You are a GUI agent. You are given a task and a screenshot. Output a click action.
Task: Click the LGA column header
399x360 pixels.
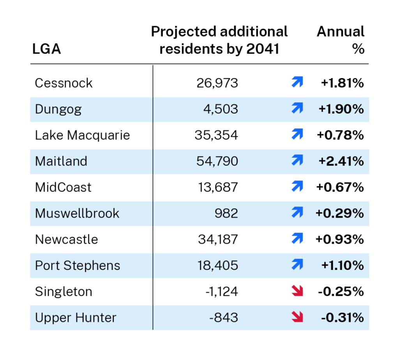pyautogui.click(x=47, y=50)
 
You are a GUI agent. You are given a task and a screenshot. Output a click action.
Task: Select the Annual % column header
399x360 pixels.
pyautogui.click(x=341, y=40)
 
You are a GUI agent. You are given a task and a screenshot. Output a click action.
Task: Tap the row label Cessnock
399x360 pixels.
pyautogui.click(x=64, y=83)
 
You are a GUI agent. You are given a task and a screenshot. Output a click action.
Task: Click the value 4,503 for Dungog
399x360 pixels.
pyautogui.click(x=220, y=109)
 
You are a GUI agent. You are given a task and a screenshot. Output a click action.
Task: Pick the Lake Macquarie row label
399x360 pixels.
pyautogui.click(x=82, y=135)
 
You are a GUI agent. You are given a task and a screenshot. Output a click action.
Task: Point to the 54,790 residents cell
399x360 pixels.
pyautogui.click(x=217, y=161)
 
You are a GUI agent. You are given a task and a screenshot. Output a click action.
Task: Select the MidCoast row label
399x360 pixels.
pyautogui.click(x=63, y=187)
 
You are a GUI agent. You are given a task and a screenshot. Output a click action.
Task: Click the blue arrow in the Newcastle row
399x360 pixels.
pyautogui.click(x=297, y=239)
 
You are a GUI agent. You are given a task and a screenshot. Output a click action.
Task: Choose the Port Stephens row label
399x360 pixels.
pyautogui.click(x=78, y=265)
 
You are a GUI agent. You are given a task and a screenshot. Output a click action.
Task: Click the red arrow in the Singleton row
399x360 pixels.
pyautogui.click(x=297, y=291)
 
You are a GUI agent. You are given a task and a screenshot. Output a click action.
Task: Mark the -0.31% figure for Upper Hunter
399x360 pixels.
pyautogui.click(x=343, y=317)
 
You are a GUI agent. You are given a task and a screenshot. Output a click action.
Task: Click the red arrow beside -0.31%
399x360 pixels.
pyautogui.click(x=297, y=317)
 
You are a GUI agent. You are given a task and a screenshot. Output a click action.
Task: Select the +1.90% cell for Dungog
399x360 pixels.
pyautogui.click(x=341, y=109)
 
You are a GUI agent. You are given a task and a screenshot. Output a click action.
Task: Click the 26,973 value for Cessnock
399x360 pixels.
pyautogui.click(x=217, y=83)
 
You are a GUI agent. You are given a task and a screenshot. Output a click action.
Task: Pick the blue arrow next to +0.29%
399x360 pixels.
pyautogui.click(x=297, y=213)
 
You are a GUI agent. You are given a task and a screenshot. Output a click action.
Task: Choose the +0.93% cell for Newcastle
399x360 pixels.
pyautogui.click(x=341, y=239)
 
